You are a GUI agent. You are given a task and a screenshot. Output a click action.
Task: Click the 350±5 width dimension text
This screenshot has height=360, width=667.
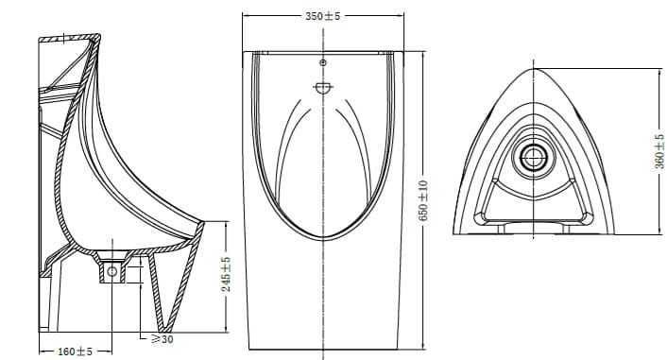coord(323,16)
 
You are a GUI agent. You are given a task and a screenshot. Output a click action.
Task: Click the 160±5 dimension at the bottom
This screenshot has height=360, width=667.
coord(74,351)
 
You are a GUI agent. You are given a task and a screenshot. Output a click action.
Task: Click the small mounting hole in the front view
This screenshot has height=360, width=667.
coord(323,63)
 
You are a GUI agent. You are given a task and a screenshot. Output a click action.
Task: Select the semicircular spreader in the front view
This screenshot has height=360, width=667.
coord(323,90)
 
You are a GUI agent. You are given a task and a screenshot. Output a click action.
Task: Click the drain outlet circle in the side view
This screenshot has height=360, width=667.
coord(113,272)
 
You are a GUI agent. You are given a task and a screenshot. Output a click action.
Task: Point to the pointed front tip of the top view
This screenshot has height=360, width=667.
coord(537,69)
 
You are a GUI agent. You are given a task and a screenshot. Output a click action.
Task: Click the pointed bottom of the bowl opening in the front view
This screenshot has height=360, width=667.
coord(323,234)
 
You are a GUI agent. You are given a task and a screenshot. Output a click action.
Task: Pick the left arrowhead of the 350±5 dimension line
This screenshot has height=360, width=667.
coord(246,16)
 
